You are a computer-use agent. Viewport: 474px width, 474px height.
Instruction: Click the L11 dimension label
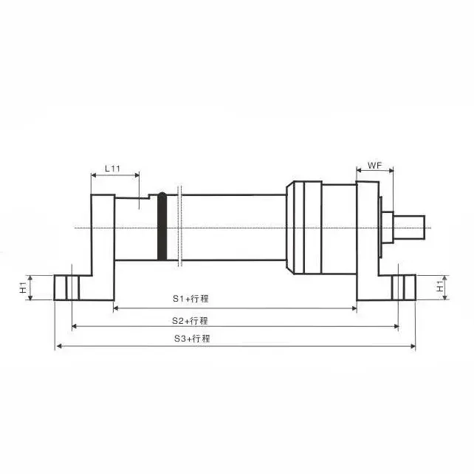[113, 168]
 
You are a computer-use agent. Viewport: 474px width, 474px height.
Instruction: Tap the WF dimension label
[374, 167]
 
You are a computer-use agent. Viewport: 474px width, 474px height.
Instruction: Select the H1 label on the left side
[23, 286]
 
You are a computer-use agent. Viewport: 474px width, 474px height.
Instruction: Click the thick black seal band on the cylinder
[162, 226]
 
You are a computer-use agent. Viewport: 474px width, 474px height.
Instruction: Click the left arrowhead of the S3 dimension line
[58, 345]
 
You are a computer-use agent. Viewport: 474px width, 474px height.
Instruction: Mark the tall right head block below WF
[366, 237]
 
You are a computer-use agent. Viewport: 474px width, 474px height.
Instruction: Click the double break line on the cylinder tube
[179, 226]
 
